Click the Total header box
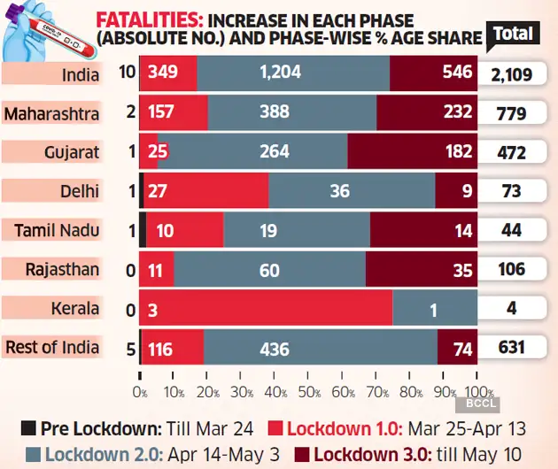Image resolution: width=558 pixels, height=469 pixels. tap(514, 34)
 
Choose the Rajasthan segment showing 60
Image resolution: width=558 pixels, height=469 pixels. tap(269, 269)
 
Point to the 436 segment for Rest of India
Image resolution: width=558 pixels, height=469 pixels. tap(319, 347)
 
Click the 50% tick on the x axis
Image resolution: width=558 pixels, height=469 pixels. tap(310, 391)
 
